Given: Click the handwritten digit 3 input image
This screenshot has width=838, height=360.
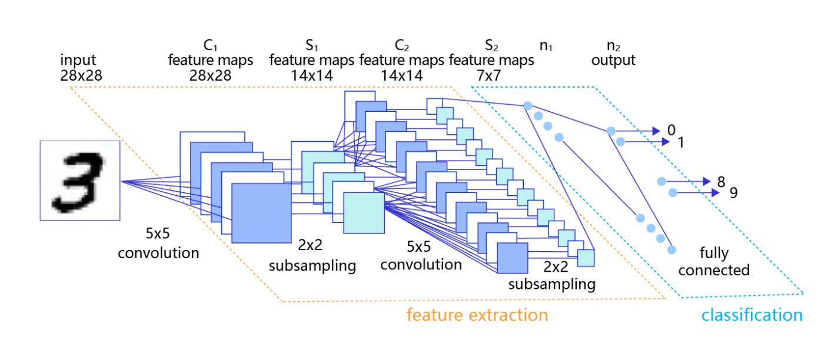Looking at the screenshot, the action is tap(80, 181).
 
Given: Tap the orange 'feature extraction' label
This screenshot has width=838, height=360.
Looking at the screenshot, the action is tap(477, 315).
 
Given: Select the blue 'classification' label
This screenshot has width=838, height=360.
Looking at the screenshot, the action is tap(752, 315).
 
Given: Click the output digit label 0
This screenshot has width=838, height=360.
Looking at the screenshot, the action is tap(671, 130).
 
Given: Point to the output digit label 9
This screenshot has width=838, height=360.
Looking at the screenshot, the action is tap(734, 193).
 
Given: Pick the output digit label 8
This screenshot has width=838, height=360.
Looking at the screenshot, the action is tap(721, 182).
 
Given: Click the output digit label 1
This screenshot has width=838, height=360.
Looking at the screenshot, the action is tap(681, 142).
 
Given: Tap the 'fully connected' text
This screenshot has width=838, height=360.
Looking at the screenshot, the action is tap(714, 261).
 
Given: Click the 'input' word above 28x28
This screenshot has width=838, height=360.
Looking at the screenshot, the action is tap(78, 60).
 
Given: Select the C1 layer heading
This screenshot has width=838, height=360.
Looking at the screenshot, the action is tap(210, 45).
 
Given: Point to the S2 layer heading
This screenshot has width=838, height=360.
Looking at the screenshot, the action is tap(491, 45).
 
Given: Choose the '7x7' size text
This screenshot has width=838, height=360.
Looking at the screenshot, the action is tap(488, 75).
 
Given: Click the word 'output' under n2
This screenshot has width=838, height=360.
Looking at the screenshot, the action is tap(613, 60).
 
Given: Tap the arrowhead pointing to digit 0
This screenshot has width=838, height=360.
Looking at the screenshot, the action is tap(656, 131).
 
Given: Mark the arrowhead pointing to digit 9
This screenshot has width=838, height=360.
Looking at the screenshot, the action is tap(715, 193).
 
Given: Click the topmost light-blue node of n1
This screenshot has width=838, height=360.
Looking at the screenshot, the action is tap(527, 106).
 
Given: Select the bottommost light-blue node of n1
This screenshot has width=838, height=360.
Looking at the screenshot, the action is tap(671, 250).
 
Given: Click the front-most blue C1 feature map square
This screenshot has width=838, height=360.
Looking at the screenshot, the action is tap(261, 213).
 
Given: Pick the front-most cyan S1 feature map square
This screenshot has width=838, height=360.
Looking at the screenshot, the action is tap(364, 213).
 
